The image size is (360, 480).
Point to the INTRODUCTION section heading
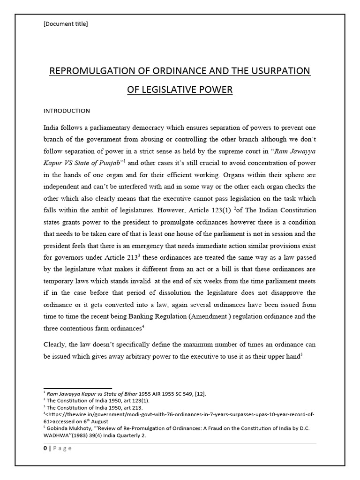(x=67, y=111)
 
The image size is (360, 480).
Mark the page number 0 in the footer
(x=45, y=448)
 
